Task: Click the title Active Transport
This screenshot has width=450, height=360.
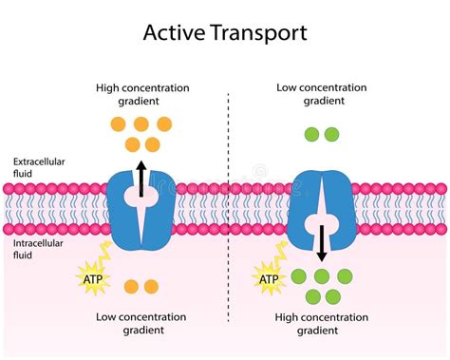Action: coord(224,32)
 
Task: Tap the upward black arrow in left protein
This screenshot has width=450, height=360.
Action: coord(142,178)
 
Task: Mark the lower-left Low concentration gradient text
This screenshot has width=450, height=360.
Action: coord(142,323)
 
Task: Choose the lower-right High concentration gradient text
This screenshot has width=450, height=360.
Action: coord(321,323)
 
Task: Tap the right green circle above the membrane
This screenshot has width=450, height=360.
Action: coord(331,135)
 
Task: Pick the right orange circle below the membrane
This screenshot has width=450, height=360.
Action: coord(152,286)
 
